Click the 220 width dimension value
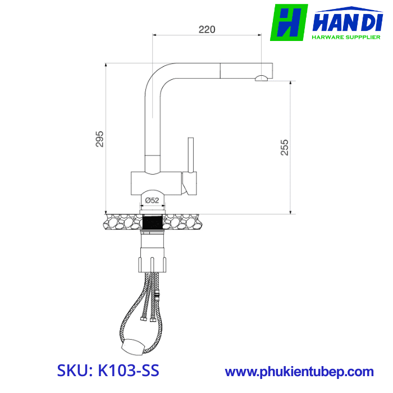tap(207, 29)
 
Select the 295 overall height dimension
tap(100, 139)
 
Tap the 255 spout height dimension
tap(284, 147)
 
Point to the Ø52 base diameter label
tap(152, 200)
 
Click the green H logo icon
tap(289, 22)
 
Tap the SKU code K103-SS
tap(108, 371)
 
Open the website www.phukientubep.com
tap(299, 372)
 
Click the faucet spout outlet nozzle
tap(262, 79)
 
